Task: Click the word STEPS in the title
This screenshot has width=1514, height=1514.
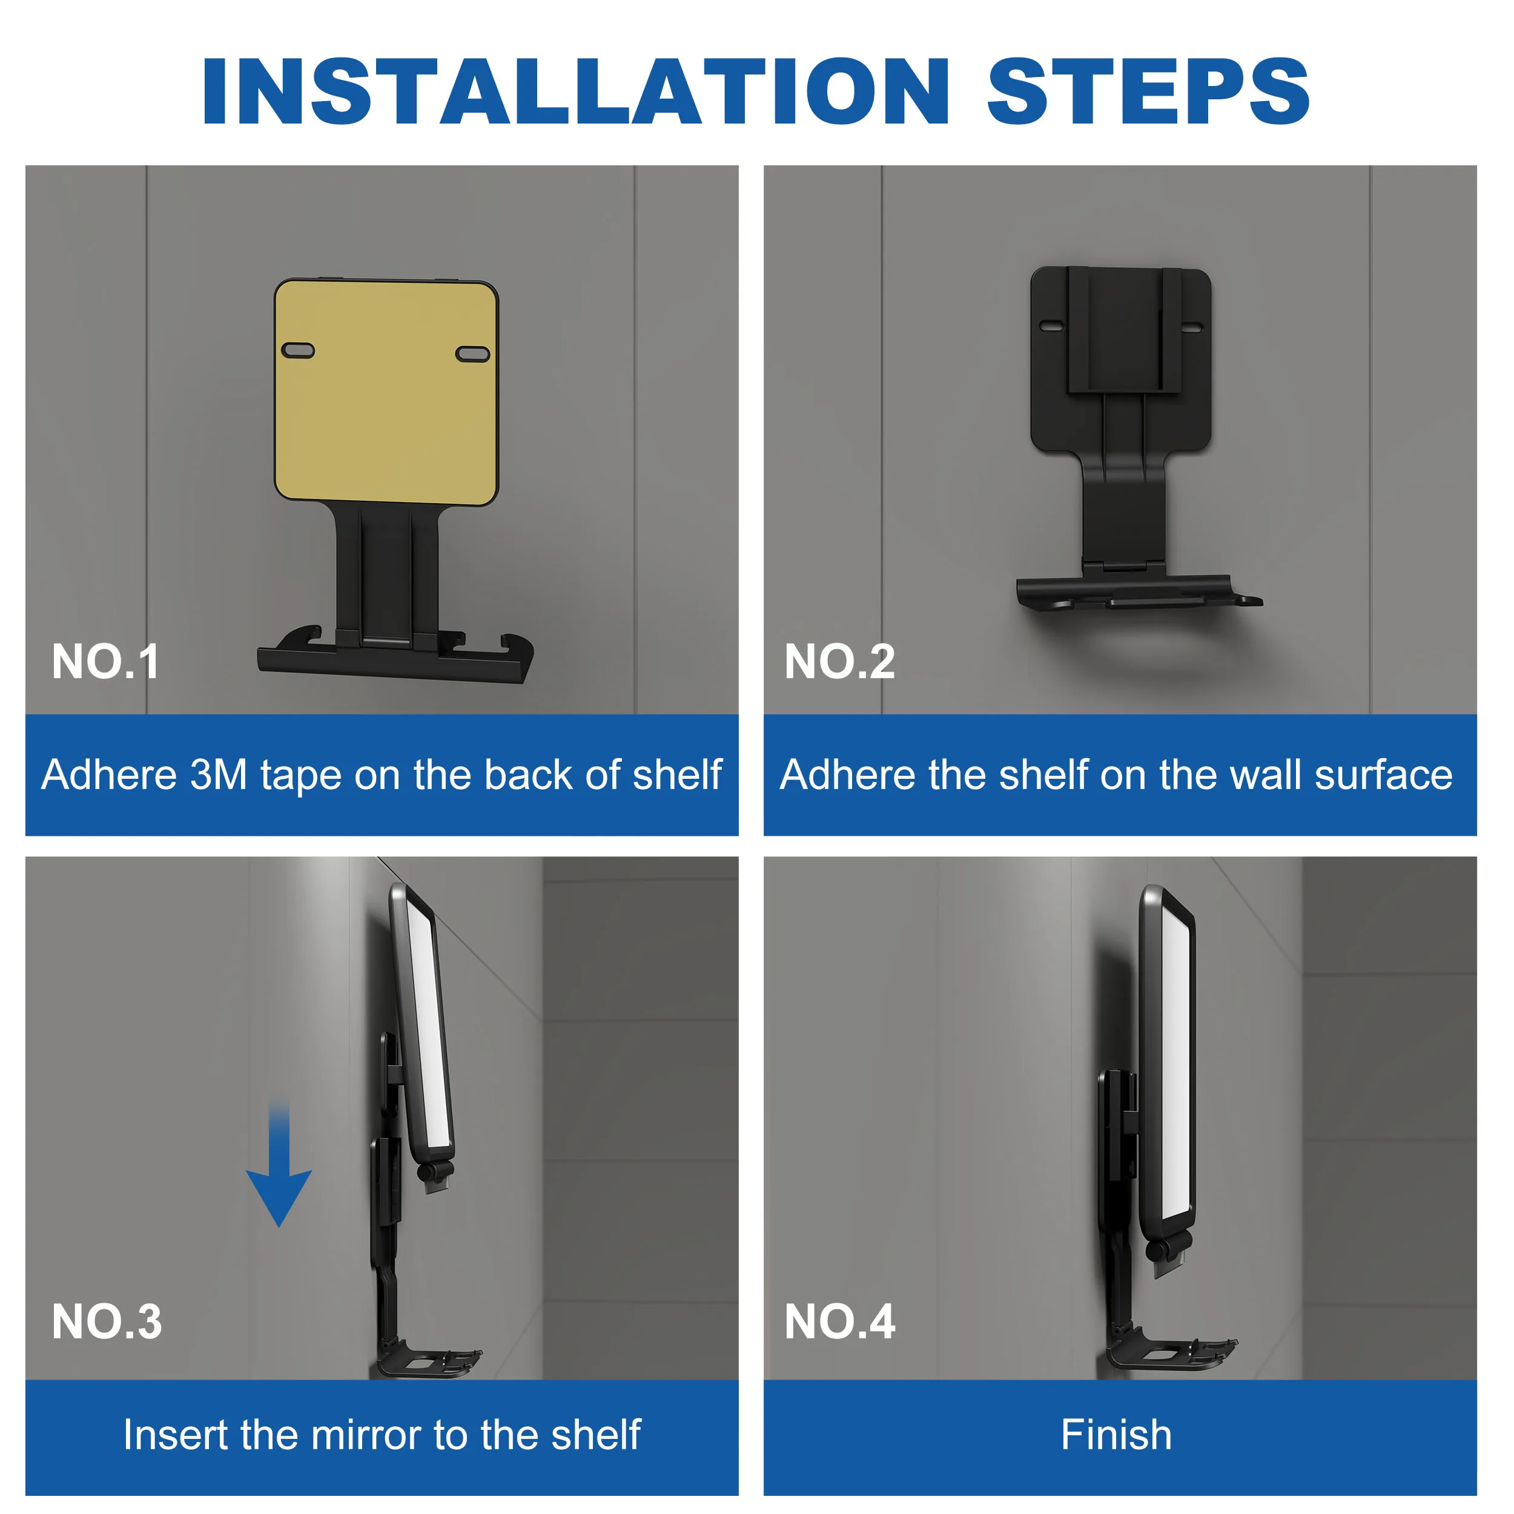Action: pyautogui.click(x=1148, y=93)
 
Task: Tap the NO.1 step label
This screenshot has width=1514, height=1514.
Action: pyautogui.click(x=106, y=662)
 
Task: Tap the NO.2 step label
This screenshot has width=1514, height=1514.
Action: pyautogui.click(x=839, y=662)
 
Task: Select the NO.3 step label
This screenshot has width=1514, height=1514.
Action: pyautogui.click(x=107, y=1322)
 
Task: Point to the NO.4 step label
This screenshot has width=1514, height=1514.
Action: pyautogui.click(x=839, y=1322)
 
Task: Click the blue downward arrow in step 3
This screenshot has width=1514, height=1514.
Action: pyautogui.click(x=279, y=1175)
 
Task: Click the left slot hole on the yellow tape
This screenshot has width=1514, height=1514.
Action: pyautogui.click(x=298, y=350)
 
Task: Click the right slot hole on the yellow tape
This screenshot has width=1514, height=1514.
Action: pyautogui.click(x=472, y=354)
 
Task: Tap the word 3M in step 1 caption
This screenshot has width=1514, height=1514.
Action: pyautogui.click(x=219, y=775)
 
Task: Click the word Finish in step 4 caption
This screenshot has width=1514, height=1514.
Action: pyautogui.click(x=1116, y=1435)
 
